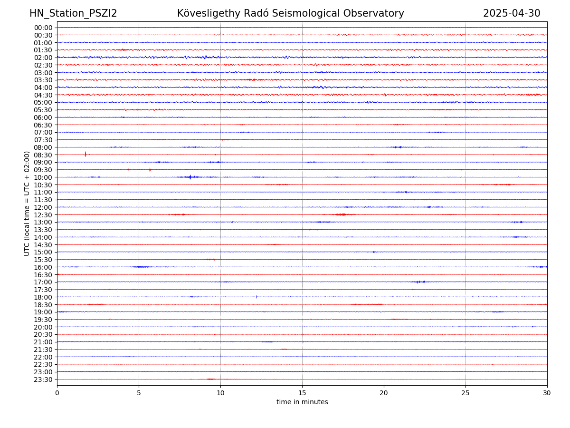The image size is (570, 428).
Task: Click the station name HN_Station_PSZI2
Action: pyautogui.click(x=73, y=13)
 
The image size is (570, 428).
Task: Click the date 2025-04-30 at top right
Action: pyautogui.click(x=512, y=13)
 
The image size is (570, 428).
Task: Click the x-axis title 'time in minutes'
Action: pyautogui.click(x=302, y=402)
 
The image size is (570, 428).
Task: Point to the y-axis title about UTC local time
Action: pyautogui.click(x=27, y=203)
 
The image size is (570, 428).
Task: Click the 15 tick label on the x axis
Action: pyautogui.click(x=302, y=393)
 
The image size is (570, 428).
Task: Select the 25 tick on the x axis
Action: pyautogui.click(x=465, y=393)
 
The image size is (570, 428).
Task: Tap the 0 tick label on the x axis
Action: pyautogui.click(x=57, y=393)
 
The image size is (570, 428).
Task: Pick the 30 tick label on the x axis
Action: pyautogui.click(x=547, y=393)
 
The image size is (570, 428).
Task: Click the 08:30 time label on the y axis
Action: pyautogui.click(x=43, y=155)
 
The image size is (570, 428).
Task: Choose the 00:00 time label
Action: pyautogui.click(x=43, y=28)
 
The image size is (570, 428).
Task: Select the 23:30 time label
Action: pyautogui.click(x=43, y=379)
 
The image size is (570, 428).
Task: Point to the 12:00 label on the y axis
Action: pyautogui.click(x=43, y=207)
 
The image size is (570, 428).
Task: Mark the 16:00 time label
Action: pyautogui.click(x=43, y=267)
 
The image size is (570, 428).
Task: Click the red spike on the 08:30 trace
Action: pyautogui.click(x=85, y=154)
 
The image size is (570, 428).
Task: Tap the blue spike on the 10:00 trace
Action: pyautogui.click(x=190, y=177)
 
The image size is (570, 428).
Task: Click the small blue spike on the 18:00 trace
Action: pyautogui.click(x=256, y=297)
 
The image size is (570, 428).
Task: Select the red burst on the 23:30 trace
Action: pyautogui.click(x=211, y=379)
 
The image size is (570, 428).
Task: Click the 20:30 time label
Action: pyautogui.click(x=43, y=335)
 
